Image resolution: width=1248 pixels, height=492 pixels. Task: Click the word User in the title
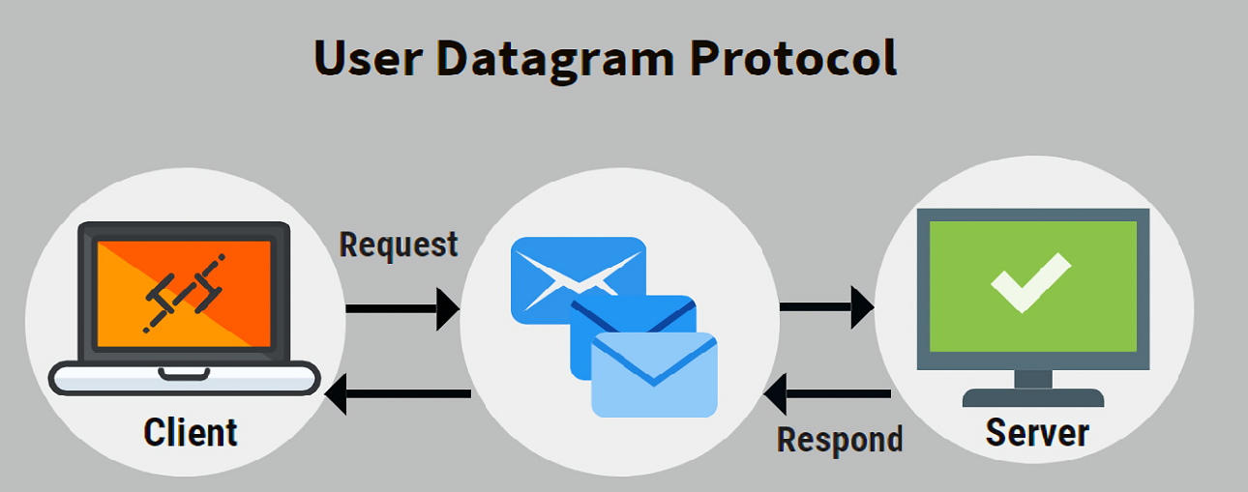click(369, 58)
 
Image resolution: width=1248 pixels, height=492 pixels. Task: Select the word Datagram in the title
click(555, 61)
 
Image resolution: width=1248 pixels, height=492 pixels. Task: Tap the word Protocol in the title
click(793, 57)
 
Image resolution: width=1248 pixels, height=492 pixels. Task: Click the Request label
click(399, 245)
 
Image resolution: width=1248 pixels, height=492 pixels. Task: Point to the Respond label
click(840, 440)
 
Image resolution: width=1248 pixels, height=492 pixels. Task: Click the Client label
click(190, 432)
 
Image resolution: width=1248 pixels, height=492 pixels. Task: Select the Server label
click(1037, 433)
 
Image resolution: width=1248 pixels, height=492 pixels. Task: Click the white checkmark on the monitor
click(1030, 283)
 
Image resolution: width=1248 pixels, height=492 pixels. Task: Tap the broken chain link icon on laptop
click(184, 293)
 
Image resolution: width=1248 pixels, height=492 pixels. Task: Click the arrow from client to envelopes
click(402, 309)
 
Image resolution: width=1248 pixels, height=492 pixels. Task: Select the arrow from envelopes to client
click(398, 394)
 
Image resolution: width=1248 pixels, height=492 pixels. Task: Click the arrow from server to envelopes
click(827, 394)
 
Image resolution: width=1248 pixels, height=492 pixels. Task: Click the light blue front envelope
click(654, 375)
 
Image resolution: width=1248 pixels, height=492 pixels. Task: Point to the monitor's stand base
click(1033, 397)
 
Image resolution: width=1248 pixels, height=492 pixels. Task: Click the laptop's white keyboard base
click(184, 379)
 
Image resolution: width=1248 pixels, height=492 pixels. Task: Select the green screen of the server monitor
click(1033, 286)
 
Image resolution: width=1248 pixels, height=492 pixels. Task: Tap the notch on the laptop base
click(184, 374)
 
